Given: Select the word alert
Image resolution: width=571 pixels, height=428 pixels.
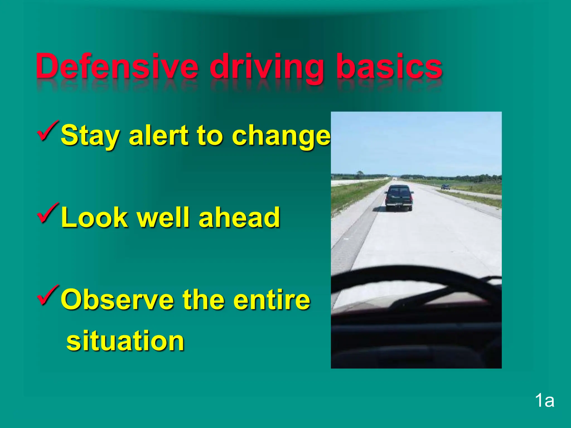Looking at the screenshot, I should [x=159, y=135].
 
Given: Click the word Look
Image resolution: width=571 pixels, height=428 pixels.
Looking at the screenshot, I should [x=94, y=217].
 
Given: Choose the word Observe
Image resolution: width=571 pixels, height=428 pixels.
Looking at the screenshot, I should [x=117, y=300].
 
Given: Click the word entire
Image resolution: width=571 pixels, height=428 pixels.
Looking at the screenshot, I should [x=272, y=300].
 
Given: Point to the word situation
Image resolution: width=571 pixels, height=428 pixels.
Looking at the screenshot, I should [x=125, y=341].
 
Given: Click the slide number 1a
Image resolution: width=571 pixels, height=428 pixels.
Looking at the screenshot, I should [x=544, y=401].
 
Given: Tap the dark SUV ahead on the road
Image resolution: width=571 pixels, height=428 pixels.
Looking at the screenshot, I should [x=399, y=198].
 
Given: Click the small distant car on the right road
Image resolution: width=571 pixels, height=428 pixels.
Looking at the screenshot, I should [x=446, y=187].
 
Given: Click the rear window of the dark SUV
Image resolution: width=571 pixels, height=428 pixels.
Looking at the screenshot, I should [x=399, y=192].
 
